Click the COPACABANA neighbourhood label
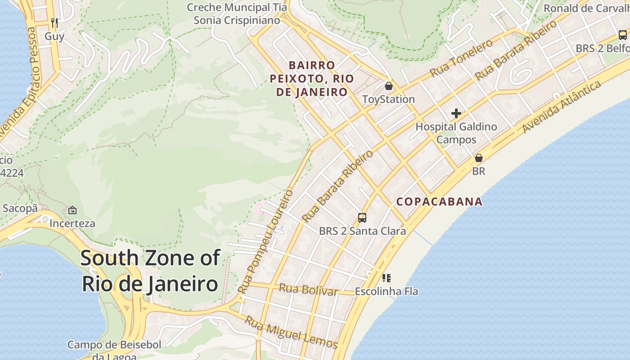pos(439,202)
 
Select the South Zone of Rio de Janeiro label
pos(150,271)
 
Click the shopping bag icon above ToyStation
pos(389,85)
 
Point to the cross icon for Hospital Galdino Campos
pos(456,113)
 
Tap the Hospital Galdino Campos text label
pos(456,133)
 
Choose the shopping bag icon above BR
pos(479,158)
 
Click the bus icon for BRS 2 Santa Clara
pos(362,218)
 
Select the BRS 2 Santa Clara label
pos(362,231)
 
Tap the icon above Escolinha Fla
pos(386,278)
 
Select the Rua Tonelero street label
pos(461,58)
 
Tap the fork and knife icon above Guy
pos(54,22)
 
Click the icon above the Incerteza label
pos(72,210)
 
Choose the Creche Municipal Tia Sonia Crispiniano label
pos(237,14)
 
